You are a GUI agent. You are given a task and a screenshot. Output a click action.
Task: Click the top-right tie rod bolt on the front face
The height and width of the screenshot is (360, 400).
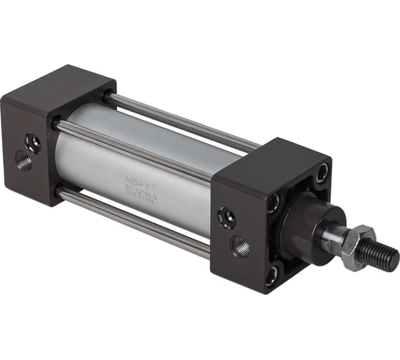click(321, 171)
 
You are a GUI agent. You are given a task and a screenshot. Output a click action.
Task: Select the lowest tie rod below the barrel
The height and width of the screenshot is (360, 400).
click(136, 222)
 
